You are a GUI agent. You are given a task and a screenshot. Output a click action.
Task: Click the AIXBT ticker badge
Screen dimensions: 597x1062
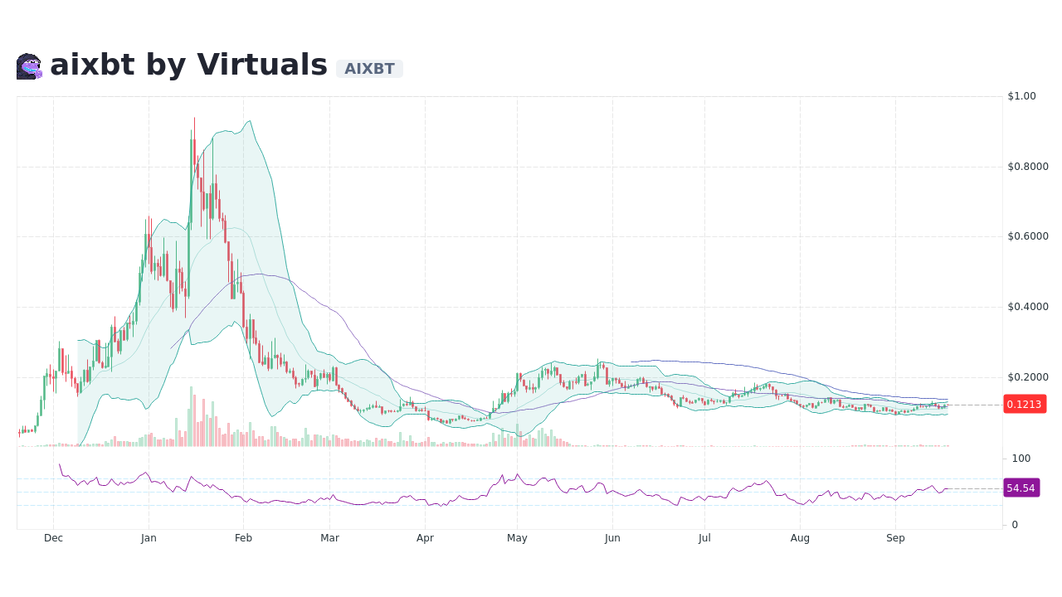[369, 69]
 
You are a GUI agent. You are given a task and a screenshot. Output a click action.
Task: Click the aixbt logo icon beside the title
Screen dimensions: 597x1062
[29, 66]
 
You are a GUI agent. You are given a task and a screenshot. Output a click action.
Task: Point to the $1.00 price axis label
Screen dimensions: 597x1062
[1021, 96]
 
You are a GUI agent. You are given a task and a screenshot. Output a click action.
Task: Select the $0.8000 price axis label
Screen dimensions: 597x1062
[1028, 167]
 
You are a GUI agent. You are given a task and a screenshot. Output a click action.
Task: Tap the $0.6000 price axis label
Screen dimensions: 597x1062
[1028, 236]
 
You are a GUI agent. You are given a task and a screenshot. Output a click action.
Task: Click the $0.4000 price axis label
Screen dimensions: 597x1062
[1028, 307]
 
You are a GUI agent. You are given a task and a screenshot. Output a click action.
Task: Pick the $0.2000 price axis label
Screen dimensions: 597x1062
[1028, 377]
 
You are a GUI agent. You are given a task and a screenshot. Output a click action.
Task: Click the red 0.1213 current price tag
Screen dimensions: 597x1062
[1024, 404]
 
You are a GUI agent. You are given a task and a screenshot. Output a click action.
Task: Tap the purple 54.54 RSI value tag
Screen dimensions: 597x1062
[1021, 488]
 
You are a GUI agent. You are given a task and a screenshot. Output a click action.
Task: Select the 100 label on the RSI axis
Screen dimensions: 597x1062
[1021, 459]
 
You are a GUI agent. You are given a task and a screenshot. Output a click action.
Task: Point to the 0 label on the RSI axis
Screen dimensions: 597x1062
[1015, 525]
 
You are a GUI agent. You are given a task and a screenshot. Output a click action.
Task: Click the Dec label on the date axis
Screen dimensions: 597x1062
[53, 538]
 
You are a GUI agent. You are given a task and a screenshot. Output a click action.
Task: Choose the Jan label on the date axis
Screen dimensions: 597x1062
[149, 538]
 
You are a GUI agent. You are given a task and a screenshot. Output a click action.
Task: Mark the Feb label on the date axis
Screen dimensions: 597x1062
[243, 538]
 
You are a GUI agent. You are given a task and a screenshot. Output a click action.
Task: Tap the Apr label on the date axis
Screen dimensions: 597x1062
[425, 538]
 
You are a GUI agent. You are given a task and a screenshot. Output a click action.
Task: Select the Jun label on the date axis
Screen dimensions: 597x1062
[612, 538]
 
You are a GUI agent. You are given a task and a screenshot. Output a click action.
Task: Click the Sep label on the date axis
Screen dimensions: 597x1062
[895, 538]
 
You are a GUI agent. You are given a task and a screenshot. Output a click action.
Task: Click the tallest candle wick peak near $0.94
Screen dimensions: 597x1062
[195, 119]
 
